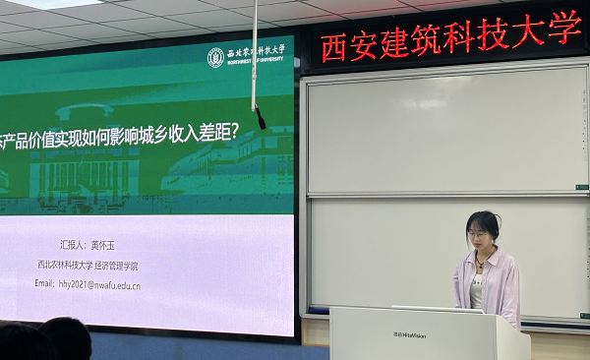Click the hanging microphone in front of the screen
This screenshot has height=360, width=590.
click(x=261, y=118)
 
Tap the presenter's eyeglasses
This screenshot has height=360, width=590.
click(x=479, y=234)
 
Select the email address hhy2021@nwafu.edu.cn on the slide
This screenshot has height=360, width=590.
click(x=88, y=284)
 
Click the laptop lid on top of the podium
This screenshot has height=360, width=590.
click(x=437, y=309)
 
